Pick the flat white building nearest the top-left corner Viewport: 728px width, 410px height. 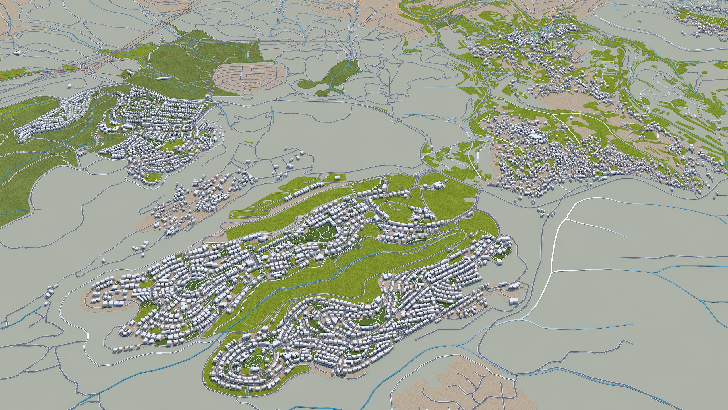18,52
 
